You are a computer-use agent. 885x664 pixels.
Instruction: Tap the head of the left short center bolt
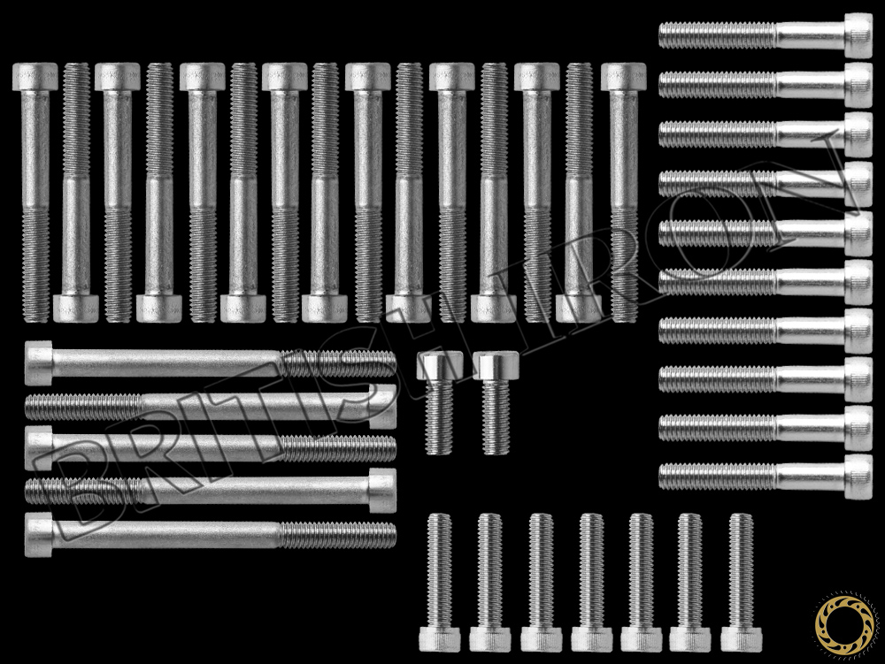point(441,364)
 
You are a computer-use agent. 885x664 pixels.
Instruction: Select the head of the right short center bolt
point(496,364)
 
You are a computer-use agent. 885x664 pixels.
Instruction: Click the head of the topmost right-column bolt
point(858,35)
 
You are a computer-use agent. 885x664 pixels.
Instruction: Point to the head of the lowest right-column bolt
point(858,477)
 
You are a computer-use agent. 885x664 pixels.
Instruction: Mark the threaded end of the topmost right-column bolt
point(673,35)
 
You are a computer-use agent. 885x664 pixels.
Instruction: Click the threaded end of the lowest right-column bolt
point(673,477)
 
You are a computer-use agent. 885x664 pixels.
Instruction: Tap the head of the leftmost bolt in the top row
point(35,77)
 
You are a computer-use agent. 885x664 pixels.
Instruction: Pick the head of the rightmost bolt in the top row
point(623,77)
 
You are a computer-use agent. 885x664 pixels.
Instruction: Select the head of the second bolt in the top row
point(76,308)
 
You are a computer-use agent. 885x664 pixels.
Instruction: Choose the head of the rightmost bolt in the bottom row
point(742,638)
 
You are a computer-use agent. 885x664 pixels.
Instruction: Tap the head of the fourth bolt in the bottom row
point(591,638)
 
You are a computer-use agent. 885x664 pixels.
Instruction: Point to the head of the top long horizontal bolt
point(39,363)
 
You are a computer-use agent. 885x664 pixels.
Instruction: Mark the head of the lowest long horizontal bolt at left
point(39,534)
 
